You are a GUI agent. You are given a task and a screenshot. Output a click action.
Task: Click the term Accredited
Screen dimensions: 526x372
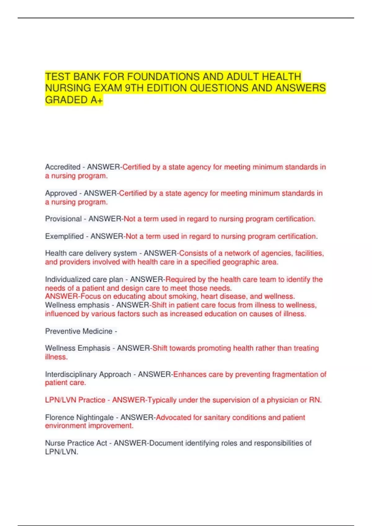[x=63, y=167]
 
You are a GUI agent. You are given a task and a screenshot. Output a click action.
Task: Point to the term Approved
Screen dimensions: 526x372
[x=61, y=193]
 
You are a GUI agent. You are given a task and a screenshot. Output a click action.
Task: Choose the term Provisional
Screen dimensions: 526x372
[x=63, y=219]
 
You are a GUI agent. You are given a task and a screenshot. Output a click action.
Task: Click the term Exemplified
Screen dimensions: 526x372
[x=64, y=236]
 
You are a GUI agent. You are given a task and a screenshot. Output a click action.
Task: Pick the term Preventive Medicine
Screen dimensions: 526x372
[x=79, y=331]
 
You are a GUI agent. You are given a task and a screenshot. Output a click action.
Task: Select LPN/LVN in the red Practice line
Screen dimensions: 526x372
[x=60, y=400]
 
